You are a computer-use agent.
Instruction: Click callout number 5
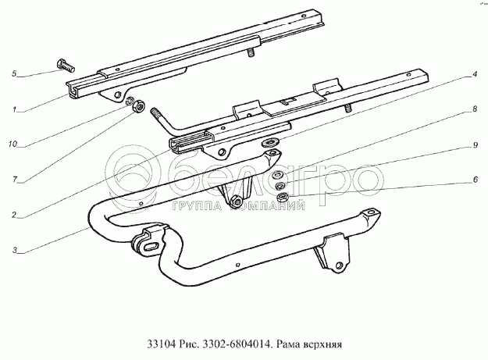click(x=15, y=74)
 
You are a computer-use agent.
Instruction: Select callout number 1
click(x=15, y=111)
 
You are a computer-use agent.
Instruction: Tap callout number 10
click(x=15, y=144)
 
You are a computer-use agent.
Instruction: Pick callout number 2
click(x=15, y=214)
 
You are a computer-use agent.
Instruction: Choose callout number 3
click(x=15, y=250)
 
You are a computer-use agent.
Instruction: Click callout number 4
click(x=474, y=75)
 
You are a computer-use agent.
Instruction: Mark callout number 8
click(x=474, y=111)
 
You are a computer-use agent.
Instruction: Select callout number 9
click(x=474, y=145)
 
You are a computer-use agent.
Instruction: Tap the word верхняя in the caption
click(x=324, y=342)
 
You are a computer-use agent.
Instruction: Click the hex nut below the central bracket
click(x=233, y=205)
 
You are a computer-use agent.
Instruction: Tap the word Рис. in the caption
click(x=191, y=342)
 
